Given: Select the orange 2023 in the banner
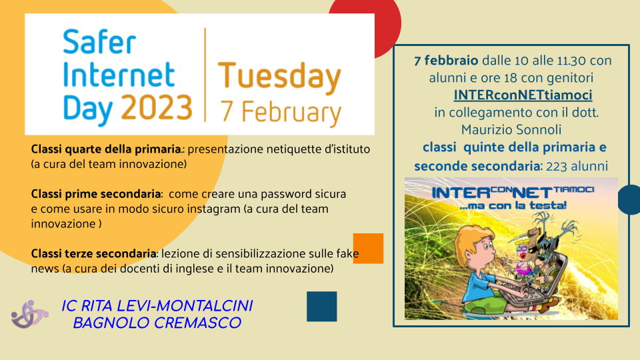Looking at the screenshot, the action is [x=157, y=107].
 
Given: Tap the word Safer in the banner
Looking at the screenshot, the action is [x=99, y=41].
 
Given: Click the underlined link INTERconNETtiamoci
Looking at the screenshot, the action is [x=523, y=95].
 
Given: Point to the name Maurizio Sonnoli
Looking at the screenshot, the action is [x=511, y=130].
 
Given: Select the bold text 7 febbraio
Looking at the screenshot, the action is [x=446, y=61].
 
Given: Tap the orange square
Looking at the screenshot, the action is [x=368, y=248].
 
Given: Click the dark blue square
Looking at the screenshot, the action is [x=321, y=306].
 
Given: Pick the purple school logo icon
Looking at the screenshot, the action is [x=29, y=314].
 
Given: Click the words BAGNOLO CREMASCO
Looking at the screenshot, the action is [x=157, y=323].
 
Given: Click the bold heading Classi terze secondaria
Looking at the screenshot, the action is [x=93, y=254].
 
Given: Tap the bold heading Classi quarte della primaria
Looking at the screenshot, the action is [x=106, y=149].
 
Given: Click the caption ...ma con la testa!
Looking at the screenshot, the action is [x=513, y=205].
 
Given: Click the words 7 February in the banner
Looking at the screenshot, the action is [x=281, y=112].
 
